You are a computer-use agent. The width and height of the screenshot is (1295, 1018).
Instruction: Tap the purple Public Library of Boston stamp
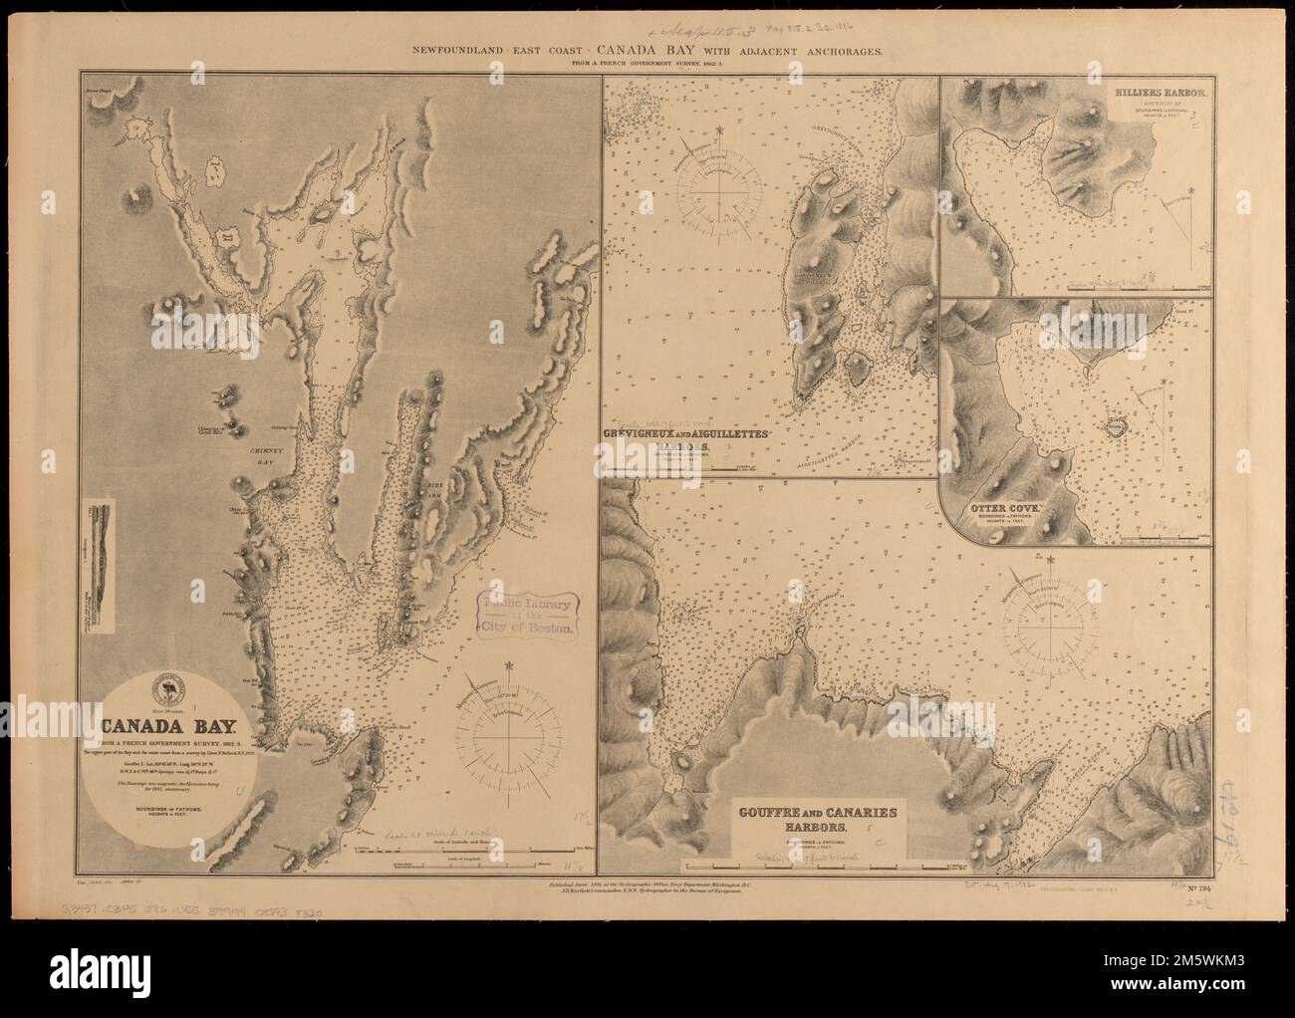528,615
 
